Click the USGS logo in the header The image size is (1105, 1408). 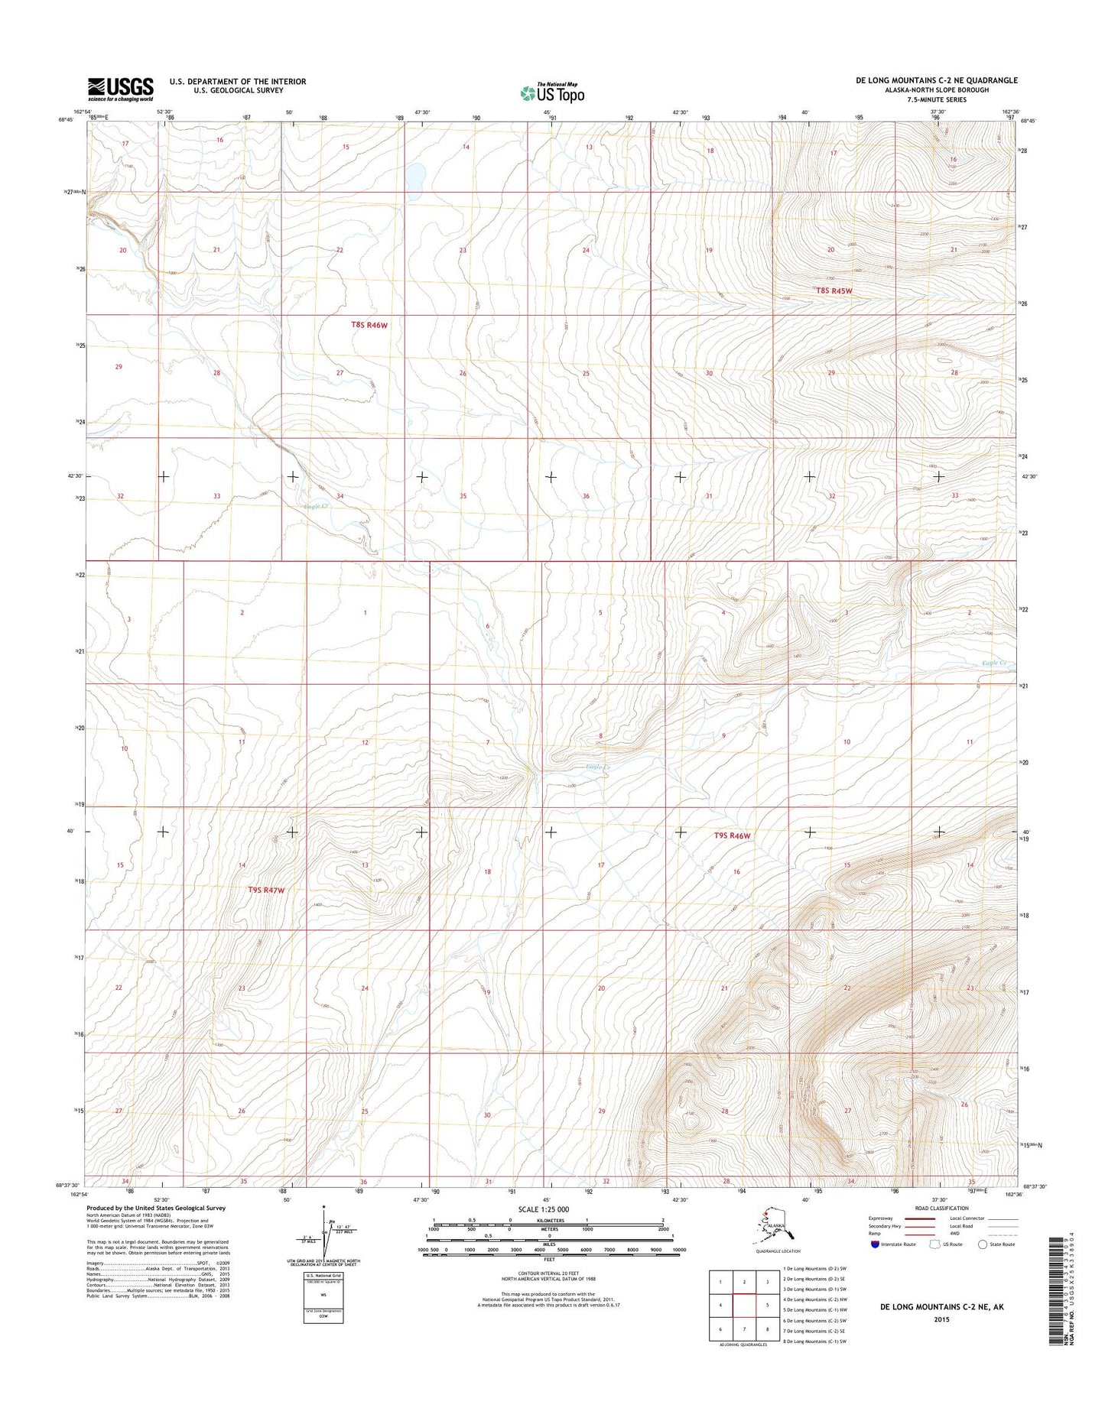(x=120, y=89)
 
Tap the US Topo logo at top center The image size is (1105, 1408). (x=552, y=93)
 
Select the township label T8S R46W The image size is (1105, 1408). (x=369, y=325)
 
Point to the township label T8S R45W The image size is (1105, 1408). (x=833, y=291)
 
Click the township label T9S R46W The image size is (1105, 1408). (x=732, y=836)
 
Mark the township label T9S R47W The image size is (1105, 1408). (x=266, y=891)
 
